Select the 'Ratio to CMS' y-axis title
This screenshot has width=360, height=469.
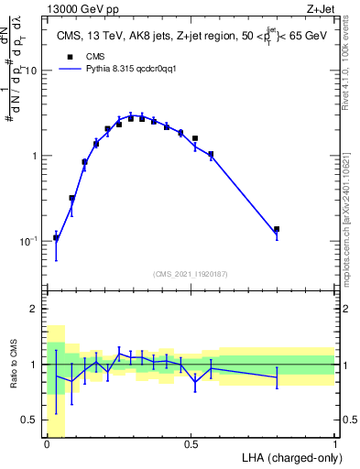(x=13, y=365)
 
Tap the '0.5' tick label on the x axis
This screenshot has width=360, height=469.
(x=191, y=445)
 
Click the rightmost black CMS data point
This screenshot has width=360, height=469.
(x=277, y=229)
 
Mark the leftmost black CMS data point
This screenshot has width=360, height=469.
(x=56, y=238)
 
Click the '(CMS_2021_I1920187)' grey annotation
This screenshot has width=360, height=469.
(x=191, y=274)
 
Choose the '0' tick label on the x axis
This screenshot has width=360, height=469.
(x=47, y=445)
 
